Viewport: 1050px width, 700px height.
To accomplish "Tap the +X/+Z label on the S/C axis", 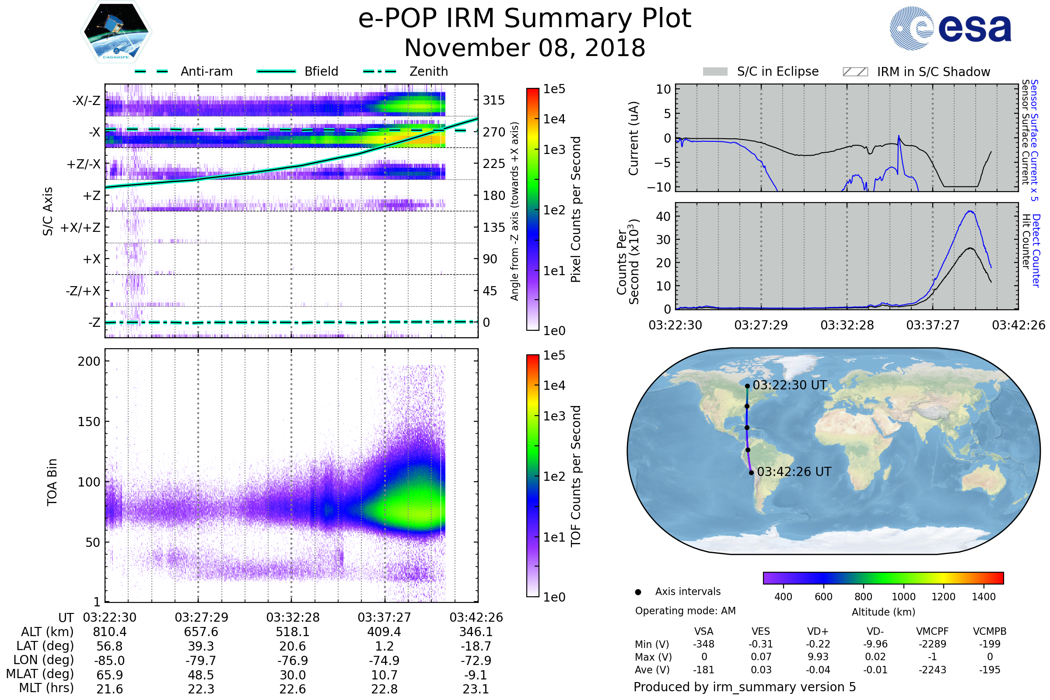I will pyautogui.click(x=80, y=227).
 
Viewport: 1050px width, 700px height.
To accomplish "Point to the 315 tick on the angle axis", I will pyautogui.click(x=493, y=100).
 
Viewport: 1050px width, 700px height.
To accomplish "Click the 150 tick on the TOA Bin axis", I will pyautogui.click(x=89, y=421).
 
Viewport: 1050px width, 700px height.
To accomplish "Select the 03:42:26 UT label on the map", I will pyautogui.click(x=794, y=472).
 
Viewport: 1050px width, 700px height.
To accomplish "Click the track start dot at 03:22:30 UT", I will pyautogui.click(x=747, y=386).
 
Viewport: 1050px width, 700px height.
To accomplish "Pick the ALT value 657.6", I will pyautogui.click(x=201, y=632).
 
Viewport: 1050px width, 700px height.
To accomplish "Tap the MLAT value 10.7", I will pyautogui.click(x=384, y=675).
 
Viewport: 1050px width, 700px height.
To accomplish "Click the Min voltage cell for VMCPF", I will pyautogui.click(x=932, y=644).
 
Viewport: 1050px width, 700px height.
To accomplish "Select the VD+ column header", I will pyautogui.click(x=818, y=631).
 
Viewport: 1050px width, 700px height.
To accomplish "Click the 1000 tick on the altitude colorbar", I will pyautogui.click(x=903, y=597).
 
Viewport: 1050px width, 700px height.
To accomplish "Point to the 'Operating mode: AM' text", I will pyautogui.click(x=685, y=611).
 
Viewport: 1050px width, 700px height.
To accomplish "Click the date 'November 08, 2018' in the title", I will pyautogui.click(x=525, y=48).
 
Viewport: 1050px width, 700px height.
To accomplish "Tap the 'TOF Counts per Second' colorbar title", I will pyautogui.click(x=576, y=476).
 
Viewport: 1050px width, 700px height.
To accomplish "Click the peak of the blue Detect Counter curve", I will pyautogui.click(x=970, y=211).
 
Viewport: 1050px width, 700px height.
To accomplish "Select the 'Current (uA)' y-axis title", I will pyautogui.click(x=633, y=138).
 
